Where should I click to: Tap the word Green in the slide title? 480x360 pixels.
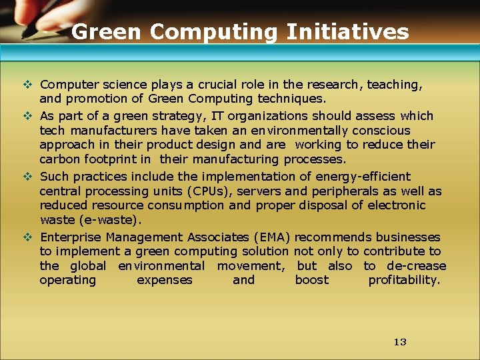click(x=107, y=31)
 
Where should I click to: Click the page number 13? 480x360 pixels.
click(x=400, y=342)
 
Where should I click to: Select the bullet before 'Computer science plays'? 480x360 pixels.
click(x=27, y=85)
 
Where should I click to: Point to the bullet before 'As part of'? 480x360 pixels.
click(x=27, y=115)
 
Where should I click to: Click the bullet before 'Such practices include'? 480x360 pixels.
click(x=27, y=177)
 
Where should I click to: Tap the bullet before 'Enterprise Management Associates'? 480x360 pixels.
click(x=27, y=237)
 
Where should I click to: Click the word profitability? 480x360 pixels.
click(x=404, y=280)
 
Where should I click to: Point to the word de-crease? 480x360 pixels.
click(x=417, y=266)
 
